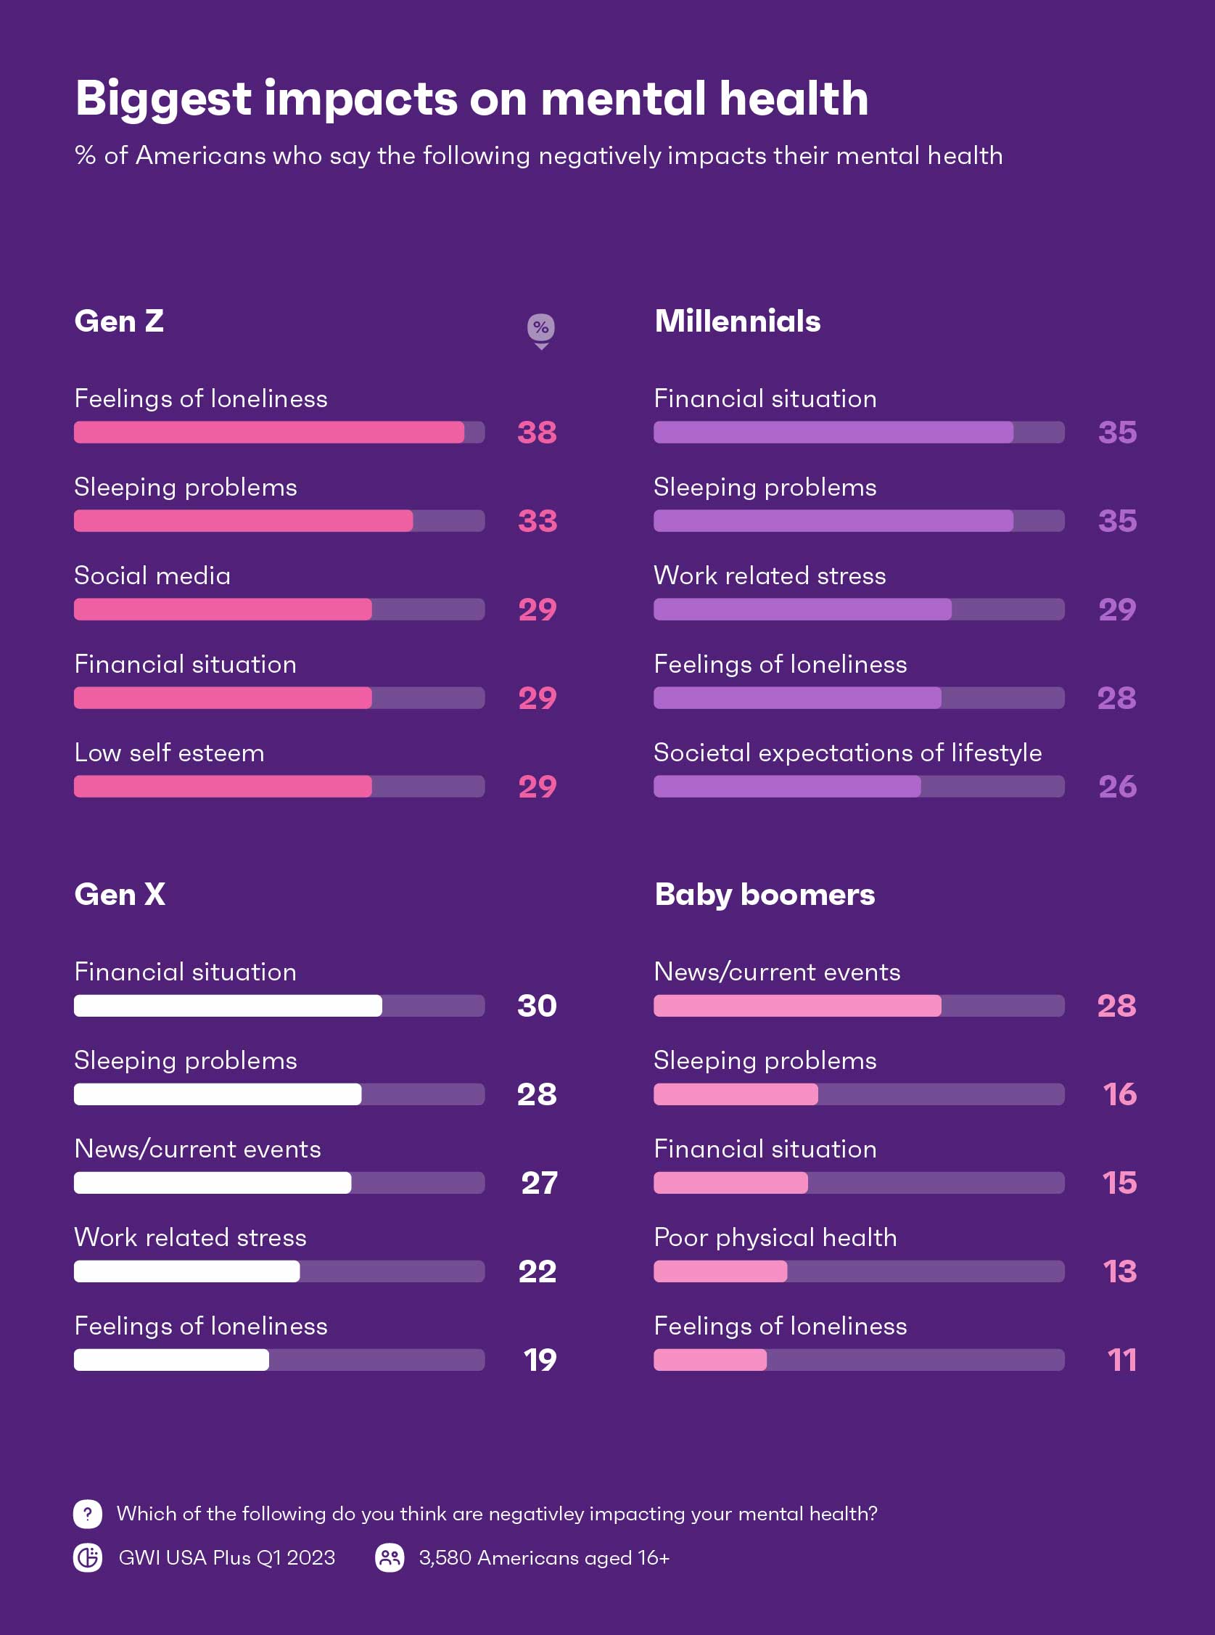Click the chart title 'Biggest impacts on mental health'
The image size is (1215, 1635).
click(x=471, y=99)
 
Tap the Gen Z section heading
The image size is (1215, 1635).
click(x=119, y=321)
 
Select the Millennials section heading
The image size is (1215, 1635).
click(x=737, y=321)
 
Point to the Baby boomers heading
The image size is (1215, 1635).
click(x=764, y=895)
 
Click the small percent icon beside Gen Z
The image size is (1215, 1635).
click(x=540, y=328)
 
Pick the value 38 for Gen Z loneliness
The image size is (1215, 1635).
click(x=537, y=433)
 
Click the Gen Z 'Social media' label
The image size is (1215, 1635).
click(x=152, y=575)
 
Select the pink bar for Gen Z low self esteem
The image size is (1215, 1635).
click(x=223, y=787)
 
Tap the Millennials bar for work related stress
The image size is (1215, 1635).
click(x=802, y=610)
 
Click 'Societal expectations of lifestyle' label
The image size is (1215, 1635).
click(x=847, y=753)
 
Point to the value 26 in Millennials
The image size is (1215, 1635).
click(x=1117, y=787)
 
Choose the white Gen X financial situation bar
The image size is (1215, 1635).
click(x=228, y=1006)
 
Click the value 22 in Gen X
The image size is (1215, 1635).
click(x=537, y=1271)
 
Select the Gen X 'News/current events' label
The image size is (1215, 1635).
click(x=197, y=1149)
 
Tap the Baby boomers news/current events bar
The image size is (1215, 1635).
click(x=797, y=1006)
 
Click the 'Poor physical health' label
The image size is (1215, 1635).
click(x=775, y=1237)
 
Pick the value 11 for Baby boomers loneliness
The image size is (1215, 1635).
click(x=1121, y=1360)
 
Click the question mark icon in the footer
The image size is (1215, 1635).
click(x=88, y=1514)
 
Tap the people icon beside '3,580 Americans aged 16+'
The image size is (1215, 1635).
click(x=390, y=1558)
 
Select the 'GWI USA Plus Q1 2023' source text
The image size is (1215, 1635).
click(x=226, y=1558)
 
